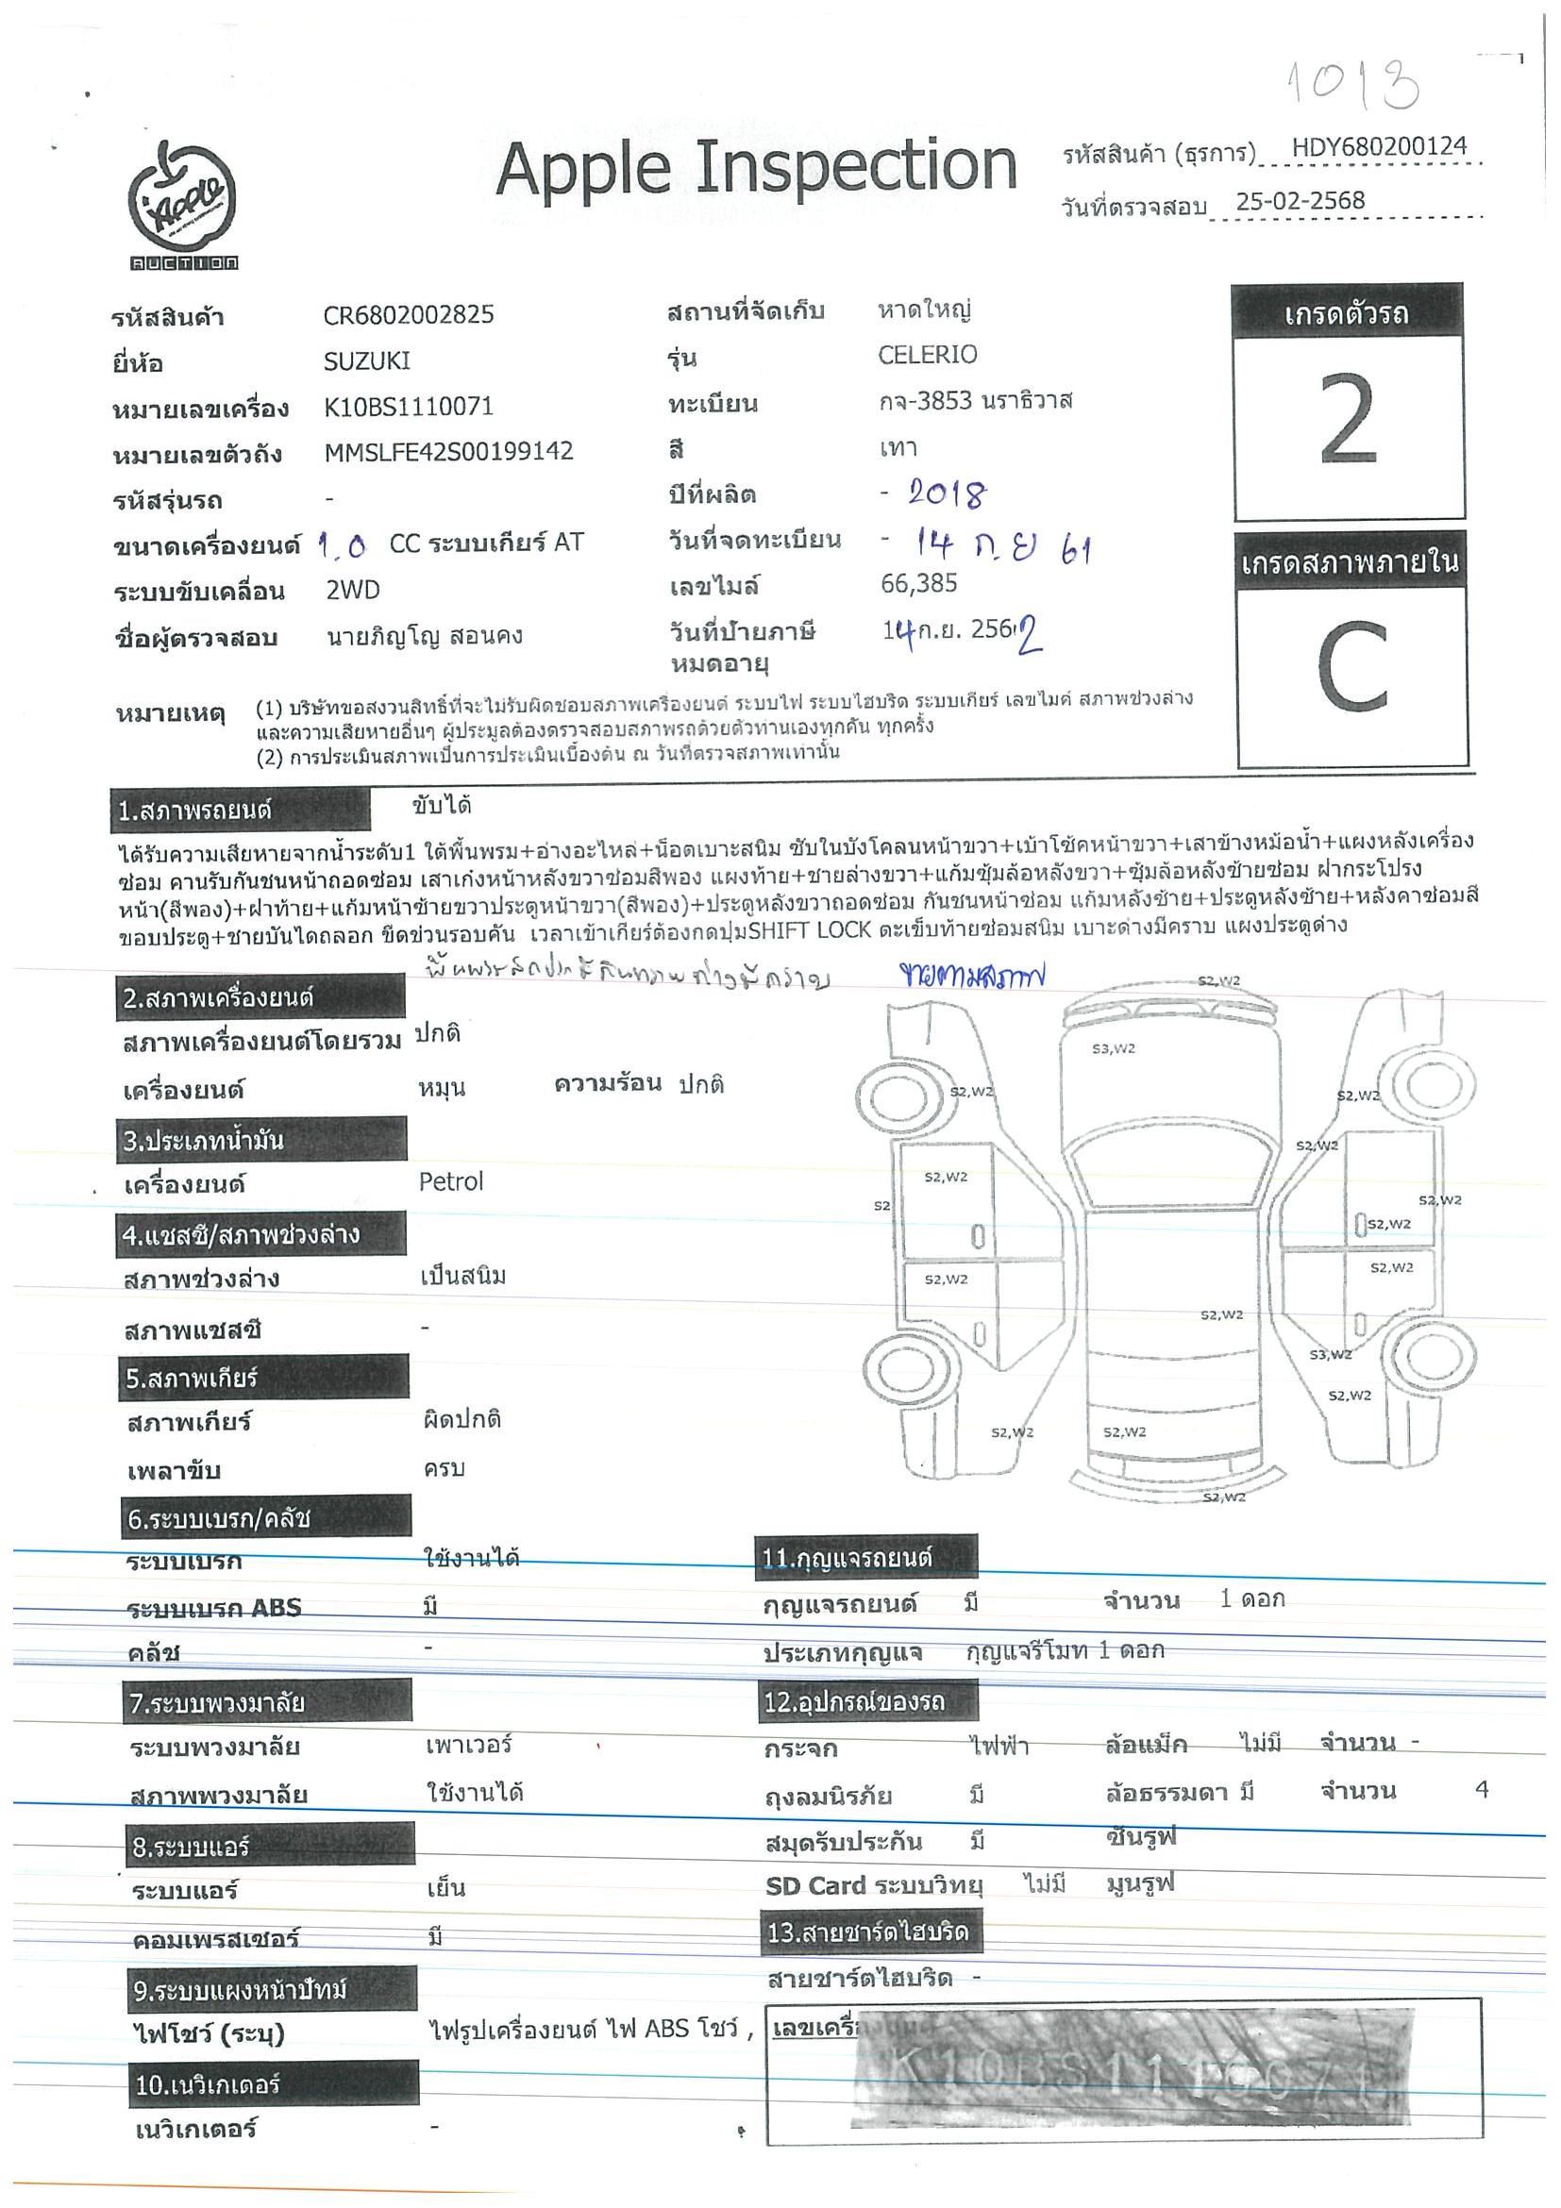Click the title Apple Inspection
(x=756, y=167)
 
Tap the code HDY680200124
(x=1378, y=146)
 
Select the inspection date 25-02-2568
(x=1300, y=200)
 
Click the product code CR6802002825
(x=409, y=314)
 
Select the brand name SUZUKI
(x=366, y=360)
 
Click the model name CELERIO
(x=927, y=354)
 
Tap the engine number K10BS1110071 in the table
(x=409, y=406)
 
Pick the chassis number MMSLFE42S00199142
(x=448, y=451)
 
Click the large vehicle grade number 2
(x=1349, y=420)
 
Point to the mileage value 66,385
(x=918, y=583)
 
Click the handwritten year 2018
(x=947, y=494)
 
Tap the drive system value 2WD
(x=353, y=590)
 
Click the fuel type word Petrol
(x=450, y=1181)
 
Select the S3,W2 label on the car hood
(x=1113, y=1048)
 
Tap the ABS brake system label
(x=213, y=1607)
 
